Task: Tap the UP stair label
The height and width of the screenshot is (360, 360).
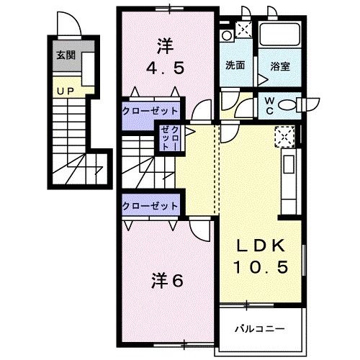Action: [63, 91]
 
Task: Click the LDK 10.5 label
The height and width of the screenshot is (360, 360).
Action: [263, 256]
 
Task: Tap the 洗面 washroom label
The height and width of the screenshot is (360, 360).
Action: [235, 65]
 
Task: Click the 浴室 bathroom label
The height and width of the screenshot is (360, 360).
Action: [280, 65]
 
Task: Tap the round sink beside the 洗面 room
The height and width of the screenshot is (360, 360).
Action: [227, 35]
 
